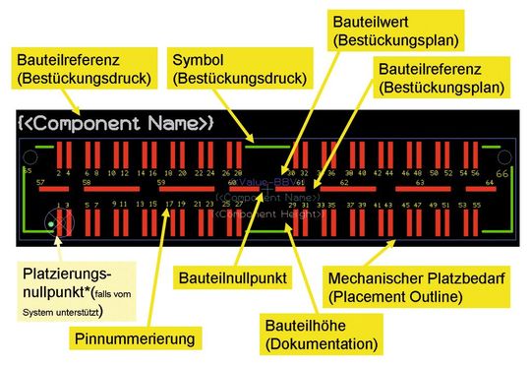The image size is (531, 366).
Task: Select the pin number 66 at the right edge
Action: [x=503, y=173]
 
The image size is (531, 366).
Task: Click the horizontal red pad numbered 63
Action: [x=421, y=189]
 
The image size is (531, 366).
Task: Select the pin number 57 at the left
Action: [x=40, y=183]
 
